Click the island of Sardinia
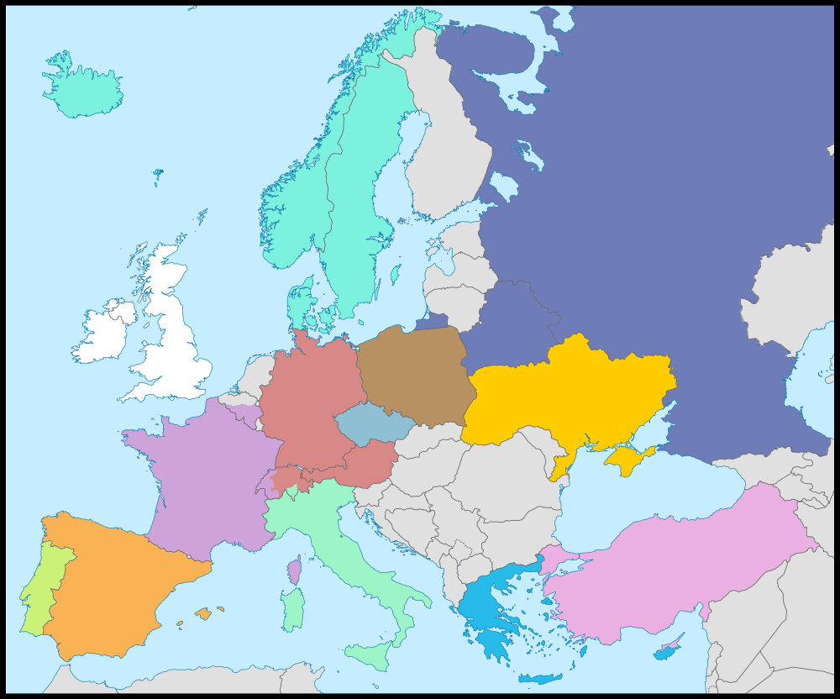point(292,609)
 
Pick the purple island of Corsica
point(294,570)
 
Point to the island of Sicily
point(370,652)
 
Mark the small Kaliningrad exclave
point(433,321)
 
